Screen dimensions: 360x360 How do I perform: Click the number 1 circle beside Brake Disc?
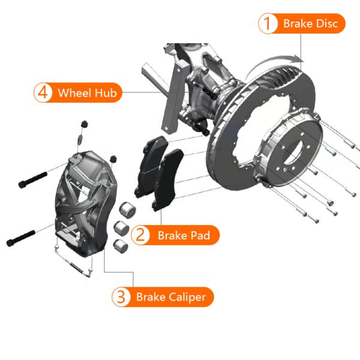click(268, 23)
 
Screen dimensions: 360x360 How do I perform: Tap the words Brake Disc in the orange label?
click(310, 23)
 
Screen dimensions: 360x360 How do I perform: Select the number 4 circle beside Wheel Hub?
click(43, 92)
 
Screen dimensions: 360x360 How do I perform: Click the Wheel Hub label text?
click(87, 93)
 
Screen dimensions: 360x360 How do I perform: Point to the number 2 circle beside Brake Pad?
click(140, 235)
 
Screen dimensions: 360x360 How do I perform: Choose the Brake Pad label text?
click(184, 235)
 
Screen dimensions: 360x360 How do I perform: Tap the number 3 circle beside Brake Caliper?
click(121, 297)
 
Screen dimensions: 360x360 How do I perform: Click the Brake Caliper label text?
click(171, 297)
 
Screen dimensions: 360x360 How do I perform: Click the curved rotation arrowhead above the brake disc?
click(298, 59)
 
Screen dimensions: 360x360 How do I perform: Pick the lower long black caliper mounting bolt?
click(20, 239)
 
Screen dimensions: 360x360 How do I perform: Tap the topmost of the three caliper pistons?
click(128, 209)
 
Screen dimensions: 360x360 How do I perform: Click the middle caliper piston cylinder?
click(121, 228)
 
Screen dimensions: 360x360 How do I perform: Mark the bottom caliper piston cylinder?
click(121, 246)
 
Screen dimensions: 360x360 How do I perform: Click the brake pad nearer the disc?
click(168, 179)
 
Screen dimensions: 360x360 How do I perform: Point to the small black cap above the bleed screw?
click(85, 124)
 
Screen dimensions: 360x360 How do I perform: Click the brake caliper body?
click(85, 203)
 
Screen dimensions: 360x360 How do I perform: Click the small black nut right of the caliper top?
click(113, 158)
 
